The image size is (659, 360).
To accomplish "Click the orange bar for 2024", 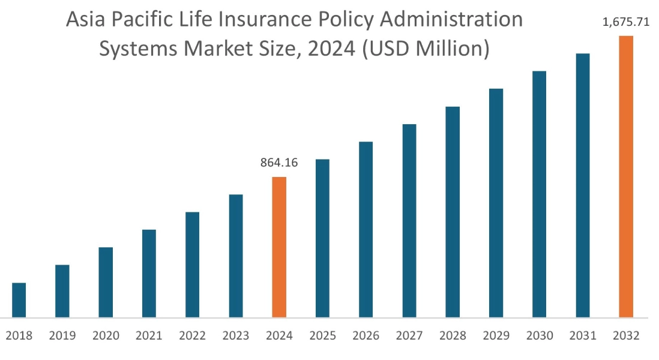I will pyautogui.click(x=279, y=247).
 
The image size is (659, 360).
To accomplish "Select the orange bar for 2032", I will pyautogui.click(x=626, y=176).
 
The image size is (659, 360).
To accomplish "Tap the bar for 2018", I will pyautogui.click(x=19, y=300).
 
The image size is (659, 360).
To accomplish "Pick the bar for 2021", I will pyautogui.click(x=149, y=274).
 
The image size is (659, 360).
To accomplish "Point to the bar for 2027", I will pyautogui.click(x=409, y=221).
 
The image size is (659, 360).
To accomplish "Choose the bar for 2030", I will pyautogui.click(x=539, y=194).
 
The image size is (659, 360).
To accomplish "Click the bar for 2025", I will pyautogui.click(x=322, y=238).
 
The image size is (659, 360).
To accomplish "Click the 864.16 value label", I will pyautogui.click(x=279, y=163).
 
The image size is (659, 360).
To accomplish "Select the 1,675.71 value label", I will pyautogui.click(x=626, y=23).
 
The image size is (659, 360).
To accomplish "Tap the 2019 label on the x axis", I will pyautogui.click(x=62, y=335).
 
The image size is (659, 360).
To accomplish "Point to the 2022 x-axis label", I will pyautogui.click(x=192, y=335).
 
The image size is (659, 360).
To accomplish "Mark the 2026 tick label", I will pyautogui.click(x=366, y=335).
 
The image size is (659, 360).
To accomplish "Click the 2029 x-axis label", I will pyautogui.click(x=496, y=335).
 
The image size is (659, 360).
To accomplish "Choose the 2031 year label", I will pyautogui.click(x=583, y=335).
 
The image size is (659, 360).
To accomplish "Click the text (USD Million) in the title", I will pyautogui.click(x=426, y=49).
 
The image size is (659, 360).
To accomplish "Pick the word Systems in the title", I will pyautogui.click(x=139, y=49).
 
